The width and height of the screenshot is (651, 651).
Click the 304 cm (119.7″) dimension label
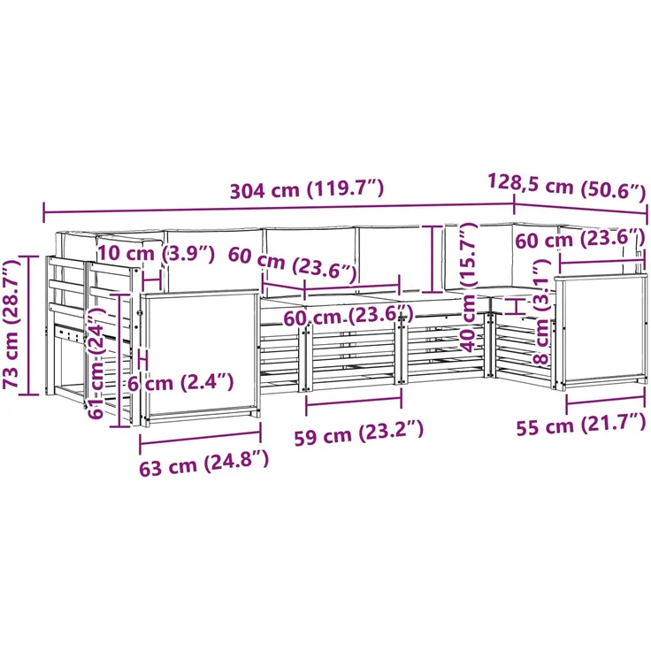tap(307, 190)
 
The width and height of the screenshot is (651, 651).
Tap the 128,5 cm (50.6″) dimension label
tap(567, 187)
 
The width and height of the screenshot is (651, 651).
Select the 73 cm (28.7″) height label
tap(12, 324)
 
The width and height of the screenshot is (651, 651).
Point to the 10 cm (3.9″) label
tap(156, 253)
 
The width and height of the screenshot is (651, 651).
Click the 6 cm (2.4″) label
tap(180, 382)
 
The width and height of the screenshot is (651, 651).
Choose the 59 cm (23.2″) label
tap(359, 433)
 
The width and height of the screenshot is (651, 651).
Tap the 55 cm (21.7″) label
tap(581, 425)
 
